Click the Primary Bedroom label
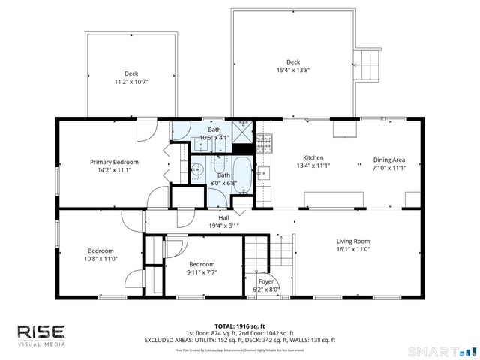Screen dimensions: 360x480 pos(110,162)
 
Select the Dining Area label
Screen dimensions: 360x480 pos(389,160)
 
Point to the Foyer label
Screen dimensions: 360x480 pos(265,280)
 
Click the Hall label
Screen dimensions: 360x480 pos(223,217)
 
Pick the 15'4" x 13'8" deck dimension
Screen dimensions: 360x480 pos(293,70)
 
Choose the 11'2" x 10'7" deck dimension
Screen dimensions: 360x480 pos(131,81)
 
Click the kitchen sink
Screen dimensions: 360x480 pos(263,174)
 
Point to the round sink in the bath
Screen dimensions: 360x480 pos(196,169)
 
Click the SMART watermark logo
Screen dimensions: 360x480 pos(447,350)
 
